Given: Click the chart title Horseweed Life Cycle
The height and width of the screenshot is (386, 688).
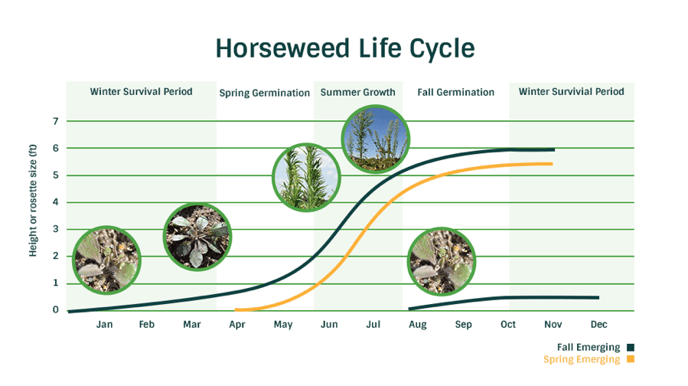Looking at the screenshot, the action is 345,47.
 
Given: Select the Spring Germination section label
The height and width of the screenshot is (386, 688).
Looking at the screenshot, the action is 264,93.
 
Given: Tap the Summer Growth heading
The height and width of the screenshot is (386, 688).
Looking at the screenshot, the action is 357,92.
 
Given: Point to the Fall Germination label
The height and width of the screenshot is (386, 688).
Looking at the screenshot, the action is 455,92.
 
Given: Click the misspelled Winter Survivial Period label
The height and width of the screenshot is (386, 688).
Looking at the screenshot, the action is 571,91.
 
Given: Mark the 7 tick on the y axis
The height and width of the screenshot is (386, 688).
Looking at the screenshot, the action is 56,121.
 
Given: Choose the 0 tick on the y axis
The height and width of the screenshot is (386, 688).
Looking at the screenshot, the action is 56,309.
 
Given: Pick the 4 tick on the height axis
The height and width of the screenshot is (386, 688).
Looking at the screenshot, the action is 56,202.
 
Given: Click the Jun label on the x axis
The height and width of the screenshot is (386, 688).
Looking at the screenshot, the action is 329,324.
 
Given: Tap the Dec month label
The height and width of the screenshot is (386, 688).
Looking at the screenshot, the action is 599,324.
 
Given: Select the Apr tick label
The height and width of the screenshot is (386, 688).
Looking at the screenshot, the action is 237,325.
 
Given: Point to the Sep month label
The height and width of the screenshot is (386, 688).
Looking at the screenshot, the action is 463,325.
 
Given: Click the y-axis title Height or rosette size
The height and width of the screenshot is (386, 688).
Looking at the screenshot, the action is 33,201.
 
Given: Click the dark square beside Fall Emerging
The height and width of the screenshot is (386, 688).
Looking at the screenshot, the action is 631,348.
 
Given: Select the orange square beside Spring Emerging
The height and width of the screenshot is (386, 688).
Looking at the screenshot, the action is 631,359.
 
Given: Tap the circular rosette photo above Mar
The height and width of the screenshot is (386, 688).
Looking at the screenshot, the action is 197,237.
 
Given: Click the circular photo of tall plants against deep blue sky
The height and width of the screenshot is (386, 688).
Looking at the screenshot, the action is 375,139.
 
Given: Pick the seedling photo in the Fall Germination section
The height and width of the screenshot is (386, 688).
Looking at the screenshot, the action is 442,261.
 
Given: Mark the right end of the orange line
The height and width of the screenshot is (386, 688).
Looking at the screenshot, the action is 552,164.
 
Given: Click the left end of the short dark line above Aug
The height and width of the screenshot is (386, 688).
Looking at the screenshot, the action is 409,309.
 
